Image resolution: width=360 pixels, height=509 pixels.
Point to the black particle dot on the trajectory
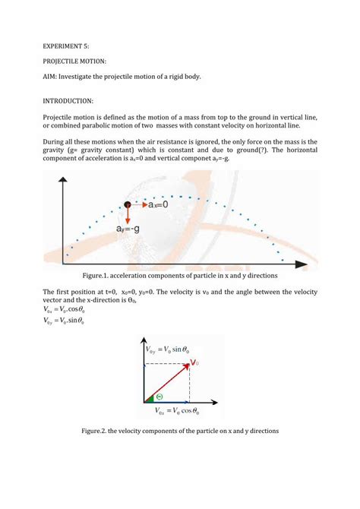click(x=128, y=205)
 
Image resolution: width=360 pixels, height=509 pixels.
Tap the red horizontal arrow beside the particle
click(x=138, y=205)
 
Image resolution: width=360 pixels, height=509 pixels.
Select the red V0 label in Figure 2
click(x=195, y=362)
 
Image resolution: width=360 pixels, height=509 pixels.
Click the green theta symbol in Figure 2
click(x=160, y=396)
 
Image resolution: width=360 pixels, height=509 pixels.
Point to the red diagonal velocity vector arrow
click(x=169, y=382)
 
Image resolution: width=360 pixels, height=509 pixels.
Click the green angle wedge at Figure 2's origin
click(x=150, y=397)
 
